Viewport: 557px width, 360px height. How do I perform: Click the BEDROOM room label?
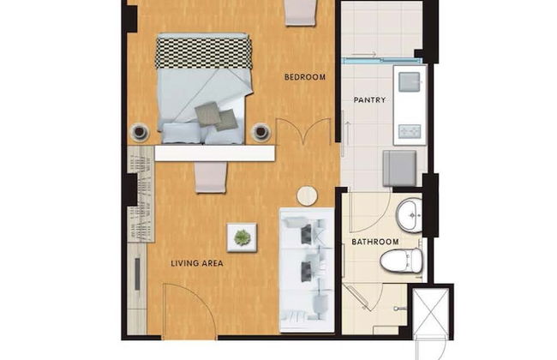pos(305,77)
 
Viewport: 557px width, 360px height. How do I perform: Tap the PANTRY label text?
pos(369,100)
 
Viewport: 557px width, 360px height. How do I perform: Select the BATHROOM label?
pos(374,242)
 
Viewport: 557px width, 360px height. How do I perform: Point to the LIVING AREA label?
pos(197,263)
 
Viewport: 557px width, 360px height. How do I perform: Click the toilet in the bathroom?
pos(401,260)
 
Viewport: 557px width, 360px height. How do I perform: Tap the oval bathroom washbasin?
pos(409,216)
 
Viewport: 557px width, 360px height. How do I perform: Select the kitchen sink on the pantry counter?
pos(410,82)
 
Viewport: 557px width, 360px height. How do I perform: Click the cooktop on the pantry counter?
pos(410,131)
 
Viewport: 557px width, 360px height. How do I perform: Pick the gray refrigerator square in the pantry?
pos(399,169)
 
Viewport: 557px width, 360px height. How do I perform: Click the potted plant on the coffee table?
pos(242,237)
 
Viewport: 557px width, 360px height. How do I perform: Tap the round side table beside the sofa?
pos(307,195)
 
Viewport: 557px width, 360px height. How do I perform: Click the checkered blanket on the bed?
pos(204,53)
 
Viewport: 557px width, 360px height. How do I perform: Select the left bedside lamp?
pos(139,132)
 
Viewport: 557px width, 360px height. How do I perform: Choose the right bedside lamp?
pos(261,132)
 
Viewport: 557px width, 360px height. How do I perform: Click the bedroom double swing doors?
pos(303,131)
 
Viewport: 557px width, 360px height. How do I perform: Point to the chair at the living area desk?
pos(210,177)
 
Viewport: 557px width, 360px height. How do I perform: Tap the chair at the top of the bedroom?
pos(301,13)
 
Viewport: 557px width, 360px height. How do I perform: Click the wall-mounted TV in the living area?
pos(137,274)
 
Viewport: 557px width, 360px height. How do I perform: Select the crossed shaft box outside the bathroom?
pos(431,311)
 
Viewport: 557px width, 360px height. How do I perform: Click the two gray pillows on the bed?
pos(216,117)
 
